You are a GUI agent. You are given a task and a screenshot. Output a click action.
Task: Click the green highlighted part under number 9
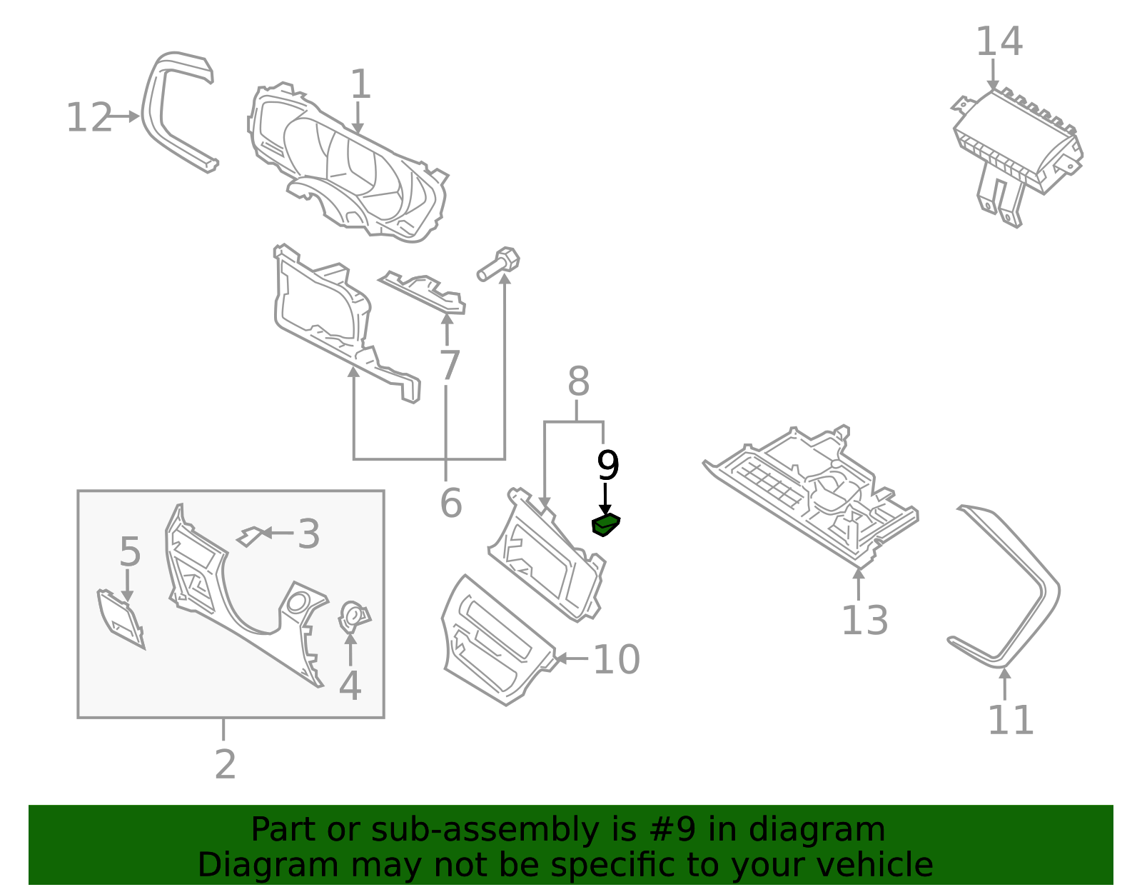click(605, 525)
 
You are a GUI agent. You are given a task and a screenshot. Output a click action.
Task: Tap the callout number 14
click(999, 41)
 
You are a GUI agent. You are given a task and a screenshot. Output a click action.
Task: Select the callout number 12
click(89, 118)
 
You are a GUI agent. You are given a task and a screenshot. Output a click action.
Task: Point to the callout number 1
click(360, 84)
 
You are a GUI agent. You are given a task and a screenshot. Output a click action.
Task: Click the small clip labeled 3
click(249, 536)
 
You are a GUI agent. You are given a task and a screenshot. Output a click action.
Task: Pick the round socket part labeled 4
click(353, 617)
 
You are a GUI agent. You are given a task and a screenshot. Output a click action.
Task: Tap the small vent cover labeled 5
click(120, 618)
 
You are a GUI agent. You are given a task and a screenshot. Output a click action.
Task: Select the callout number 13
click(864, 620)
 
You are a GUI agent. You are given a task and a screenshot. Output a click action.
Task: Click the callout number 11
click(1010, 720)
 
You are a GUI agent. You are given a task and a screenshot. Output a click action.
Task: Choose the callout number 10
click(616, 659)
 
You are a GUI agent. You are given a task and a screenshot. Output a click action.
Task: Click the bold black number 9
click(607, 466)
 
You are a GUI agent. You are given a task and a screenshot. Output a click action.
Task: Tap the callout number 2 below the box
click(225, 765)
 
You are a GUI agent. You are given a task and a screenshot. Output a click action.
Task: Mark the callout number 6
click(450, 503)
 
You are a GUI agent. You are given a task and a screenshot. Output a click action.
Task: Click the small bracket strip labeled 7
click(424, 292)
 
